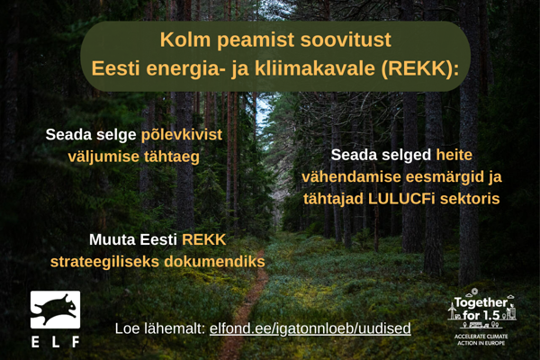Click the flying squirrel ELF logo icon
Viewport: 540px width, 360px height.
tap(55, 309)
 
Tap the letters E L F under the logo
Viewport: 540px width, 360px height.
tap(55, 342)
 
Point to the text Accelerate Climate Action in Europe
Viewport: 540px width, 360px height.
tap(483, 340)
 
